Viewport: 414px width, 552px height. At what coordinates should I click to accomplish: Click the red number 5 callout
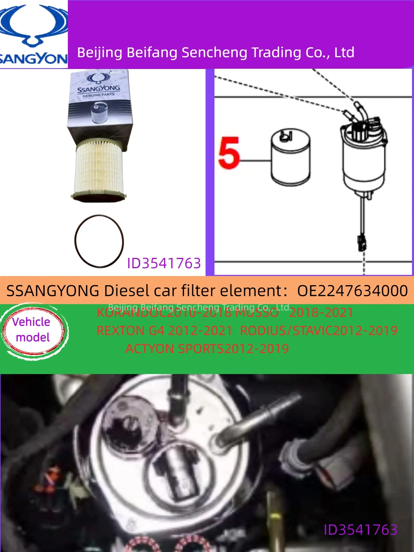229,153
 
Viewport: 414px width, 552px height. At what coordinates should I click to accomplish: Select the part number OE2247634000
352,291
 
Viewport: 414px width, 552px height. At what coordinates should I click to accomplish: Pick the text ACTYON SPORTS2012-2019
207,349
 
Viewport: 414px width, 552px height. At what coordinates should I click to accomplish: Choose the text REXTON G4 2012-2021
164,331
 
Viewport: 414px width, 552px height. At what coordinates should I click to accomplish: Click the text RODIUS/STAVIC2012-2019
319,331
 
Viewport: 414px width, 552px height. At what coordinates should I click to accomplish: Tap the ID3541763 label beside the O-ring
164,263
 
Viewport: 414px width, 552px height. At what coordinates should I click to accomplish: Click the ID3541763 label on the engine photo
361,530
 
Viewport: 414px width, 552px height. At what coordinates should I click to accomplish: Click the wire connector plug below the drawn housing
362,242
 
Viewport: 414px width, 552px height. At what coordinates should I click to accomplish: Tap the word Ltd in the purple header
344,53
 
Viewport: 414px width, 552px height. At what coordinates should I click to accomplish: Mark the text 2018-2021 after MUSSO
321,313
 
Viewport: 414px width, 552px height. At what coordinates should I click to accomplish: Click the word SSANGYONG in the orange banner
53,291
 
